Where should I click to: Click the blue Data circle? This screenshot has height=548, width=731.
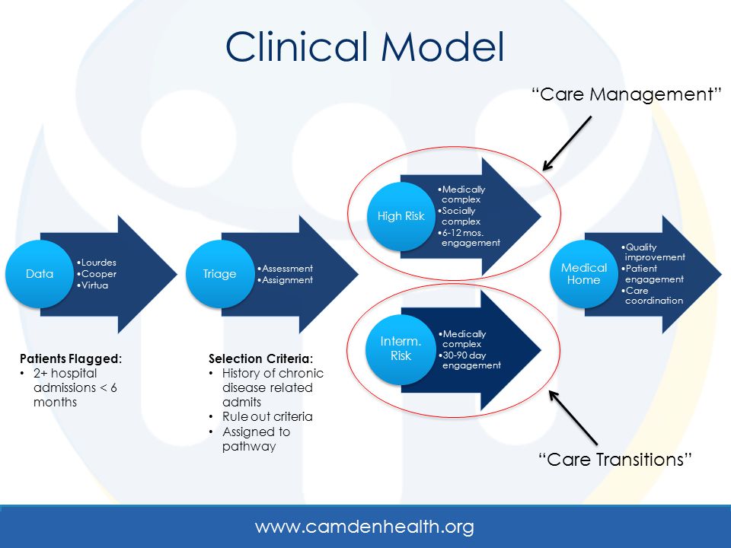click(40, 274)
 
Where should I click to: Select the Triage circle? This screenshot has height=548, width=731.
click(220, 274)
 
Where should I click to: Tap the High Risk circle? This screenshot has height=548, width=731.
click(401, 217)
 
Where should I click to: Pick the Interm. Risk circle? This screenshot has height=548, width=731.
click(401, 349)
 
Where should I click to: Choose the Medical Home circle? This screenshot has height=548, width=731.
click(584, 274)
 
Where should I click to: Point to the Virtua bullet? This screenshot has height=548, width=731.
click(92, 285)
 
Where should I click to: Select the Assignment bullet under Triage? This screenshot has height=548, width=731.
click(286, 280)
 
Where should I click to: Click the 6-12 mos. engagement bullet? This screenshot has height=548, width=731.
click(469, 237)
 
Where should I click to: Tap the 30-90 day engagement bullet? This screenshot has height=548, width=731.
click(470, 360)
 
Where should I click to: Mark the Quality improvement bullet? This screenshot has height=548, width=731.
click(653, 252)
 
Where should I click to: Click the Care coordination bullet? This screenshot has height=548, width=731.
click(653, 295)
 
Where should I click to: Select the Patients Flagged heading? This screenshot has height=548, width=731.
click(71, 358)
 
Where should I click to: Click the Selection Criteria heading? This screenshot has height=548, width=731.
click(260, 358)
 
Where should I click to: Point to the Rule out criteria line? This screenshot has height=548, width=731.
click(267, 416)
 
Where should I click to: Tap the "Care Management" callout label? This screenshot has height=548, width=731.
click(627, 94)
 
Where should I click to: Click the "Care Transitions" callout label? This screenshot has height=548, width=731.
click(615, 460)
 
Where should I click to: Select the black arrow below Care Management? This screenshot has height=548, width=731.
click(567, 144)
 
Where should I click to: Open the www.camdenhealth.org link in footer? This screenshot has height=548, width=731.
click(365, 527)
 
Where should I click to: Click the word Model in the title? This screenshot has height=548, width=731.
click(443, 46)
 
